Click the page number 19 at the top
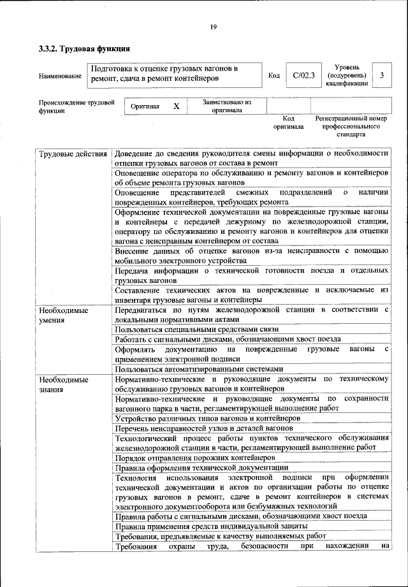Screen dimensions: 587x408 (x=213, y=26)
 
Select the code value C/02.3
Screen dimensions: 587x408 (x=304, y=76)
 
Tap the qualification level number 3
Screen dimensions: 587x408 (x=381, y=76)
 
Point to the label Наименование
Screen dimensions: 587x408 (x=60, y=76)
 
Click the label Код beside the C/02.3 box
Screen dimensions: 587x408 (x=274, y=76)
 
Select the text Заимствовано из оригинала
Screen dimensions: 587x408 (x=226, y=105)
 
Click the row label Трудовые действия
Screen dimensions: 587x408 (x=72, y=154)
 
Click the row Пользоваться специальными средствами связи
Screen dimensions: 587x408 (x=189, y=330)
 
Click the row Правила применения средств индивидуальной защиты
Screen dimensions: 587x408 (x=212, y=526)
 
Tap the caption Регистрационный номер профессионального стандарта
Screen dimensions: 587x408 (x=351, y=126)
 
